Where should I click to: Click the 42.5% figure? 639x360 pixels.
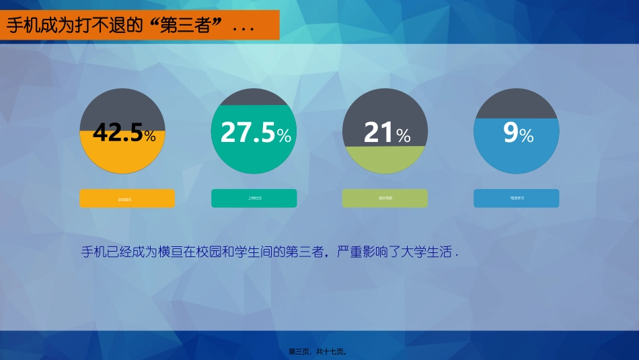pyautogui.click(x=118, y=133)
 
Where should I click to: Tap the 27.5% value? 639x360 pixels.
pyautogui.click(x=248, y=133)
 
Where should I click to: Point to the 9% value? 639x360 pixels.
pyautogui.click(x=511, y=133)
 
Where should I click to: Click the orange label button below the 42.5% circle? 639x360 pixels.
pyautogui.click(x=126, y=199)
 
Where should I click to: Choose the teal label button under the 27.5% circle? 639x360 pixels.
pyautogui.click(x=254, y=199)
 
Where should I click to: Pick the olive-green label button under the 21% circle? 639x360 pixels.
pyautogui.click(x=385, y=199)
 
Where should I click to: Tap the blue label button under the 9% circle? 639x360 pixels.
pyautogui.click(x=516, y=199)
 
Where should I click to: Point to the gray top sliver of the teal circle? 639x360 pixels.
pyautogui.click(x=254, y=98)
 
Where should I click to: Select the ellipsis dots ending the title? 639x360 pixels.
pyautogui.click(x=242, y=29)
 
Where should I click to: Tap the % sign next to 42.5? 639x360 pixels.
pyautogui.click(x=150, y=137)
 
